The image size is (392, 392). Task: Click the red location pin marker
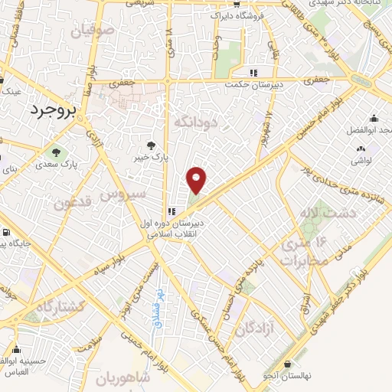pyautogui.click(x=198, y=180)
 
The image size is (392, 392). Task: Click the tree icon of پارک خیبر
pyautogui.click(x=151, y=145)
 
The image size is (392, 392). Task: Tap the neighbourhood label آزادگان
pyautogui.click(x=254, y=329)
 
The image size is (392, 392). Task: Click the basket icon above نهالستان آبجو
pyautogui.click(x=287, y=364)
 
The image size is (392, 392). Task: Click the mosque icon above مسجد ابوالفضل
pyautogui.click(x=373, y=119)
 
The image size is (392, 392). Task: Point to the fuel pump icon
pyautogui.click(x=6, y=233)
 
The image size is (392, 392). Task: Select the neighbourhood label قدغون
pyautogui.click(x=71, y=204)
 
